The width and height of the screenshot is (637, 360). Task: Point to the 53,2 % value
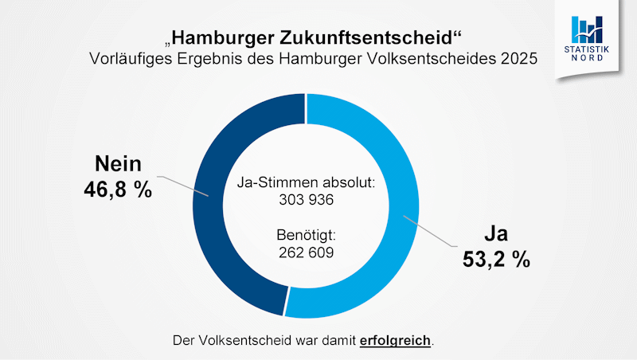(496, 260)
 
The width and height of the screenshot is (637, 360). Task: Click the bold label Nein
(118, 165)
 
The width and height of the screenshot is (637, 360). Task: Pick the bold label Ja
(496, 235)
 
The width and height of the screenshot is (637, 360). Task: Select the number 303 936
(305, 200)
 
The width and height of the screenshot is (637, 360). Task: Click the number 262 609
(305, 252)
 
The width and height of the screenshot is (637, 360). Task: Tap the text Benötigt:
(305, 236)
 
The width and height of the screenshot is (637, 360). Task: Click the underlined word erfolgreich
(395, 340)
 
